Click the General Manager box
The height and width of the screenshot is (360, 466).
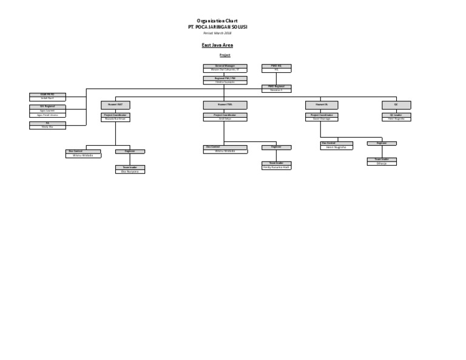coord(225,67)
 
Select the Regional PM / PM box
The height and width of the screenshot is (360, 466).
coord(225,80)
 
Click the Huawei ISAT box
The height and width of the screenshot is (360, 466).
coord(115,105)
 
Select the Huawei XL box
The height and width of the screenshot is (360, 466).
coord(322,105)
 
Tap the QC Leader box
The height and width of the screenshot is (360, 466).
coord(396,117)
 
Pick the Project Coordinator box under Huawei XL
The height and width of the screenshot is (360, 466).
coord(322,117)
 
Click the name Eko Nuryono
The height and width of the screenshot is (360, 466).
coord(130,172)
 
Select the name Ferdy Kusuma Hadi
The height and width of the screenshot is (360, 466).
coord(276,167)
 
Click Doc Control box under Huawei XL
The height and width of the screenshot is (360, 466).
coord(336,145)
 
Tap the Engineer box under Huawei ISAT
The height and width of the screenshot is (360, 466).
coord(130,151)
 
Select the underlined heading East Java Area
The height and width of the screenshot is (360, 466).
coord(217,46)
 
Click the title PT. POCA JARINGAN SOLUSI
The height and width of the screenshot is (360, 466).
coord(217,27)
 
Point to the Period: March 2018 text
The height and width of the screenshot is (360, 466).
coord(217,33)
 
